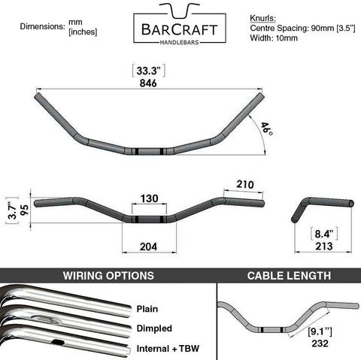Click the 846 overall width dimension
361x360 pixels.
click(148, 83)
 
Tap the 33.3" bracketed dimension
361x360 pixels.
click(148, 71)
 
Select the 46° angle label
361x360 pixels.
click(267, 129)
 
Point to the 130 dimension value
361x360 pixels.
click(150, 198)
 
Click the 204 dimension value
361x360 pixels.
click(149, 247)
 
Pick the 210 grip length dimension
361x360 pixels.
click(245, 184)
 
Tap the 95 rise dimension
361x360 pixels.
click(25, 210)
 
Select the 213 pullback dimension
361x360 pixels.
click(324, 247)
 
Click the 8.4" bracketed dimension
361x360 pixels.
click(324, 234)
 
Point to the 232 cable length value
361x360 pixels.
click(320, 343)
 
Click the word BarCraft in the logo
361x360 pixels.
click(179, 30)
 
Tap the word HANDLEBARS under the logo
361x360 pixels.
click(180, 43)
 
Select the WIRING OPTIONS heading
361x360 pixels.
click(108, 276)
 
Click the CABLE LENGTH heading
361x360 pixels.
click(289, 276)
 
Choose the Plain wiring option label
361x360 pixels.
click(147, 309)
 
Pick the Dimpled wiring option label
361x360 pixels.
click(154, 328)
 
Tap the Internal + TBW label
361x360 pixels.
click(168, 349)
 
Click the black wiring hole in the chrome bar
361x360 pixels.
click(58, 342)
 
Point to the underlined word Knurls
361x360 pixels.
click(262, 18)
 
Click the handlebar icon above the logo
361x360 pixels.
click(180, 11)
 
